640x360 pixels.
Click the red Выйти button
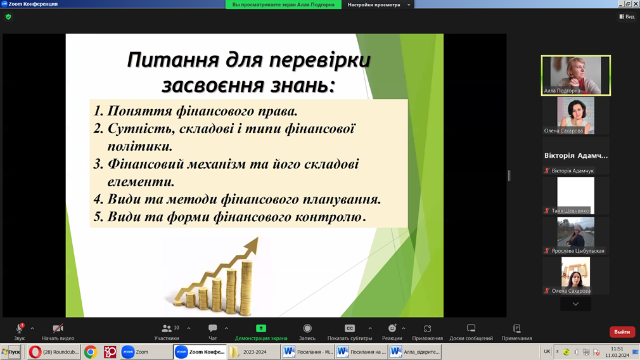pos(622,332)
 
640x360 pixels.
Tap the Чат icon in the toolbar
pos(213,328)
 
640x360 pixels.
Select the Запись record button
pos(307,328)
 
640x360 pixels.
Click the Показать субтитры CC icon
pos(350,328)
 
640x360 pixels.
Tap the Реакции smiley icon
pos(392,328)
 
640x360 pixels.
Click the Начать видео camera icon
pos(58,328)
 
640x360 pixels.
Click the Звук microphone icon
pos(19,328)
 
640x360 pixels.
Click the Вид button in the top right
pos(627,16)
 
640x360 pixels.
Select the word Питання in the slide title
pos(173,60)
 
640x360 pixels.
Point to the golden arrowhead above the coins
pos(252,245)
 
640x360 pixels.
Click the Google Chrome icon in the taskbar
pos(91,352)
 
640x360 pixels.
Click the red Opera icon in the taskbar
pos(35,352)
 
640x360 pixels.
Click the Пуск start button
pos(11,352)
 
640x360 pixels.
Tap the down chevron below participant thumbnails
pos(575,304)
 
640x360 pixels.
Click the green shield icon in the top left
pos(8,16)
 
